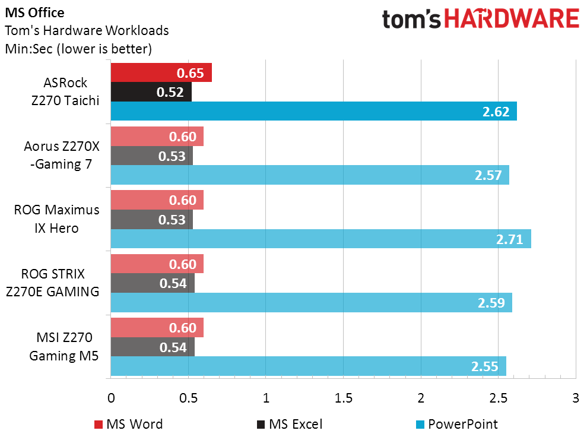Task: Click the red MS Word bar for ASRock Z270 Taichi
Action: coord(160,74)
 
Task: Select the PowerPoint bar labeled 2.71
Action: coord(321,239)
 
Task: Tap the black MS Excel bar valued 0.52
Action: coord(151,92)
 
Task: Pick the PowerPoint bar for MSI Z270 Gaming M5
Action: coord(308,366)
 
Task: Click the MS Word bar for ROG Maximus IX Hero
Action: coord(157,200)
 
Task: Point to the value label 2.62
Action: coord(497,111)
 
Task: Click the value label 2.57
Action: coord(489,175)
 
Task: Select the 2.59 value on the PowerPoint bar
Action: coord(491,303)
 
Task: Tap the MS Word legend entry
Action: coord(128,424)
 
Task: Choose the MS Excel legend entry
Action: coord(289,424)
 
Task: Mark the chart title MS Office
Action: coord(35,12)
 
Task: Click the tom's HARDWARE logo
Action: coord(480,19)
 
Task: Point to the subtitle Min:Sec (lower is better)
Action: coord(78,49)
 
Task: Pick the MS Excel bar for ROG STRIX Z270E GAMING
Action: coord(152,284)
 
